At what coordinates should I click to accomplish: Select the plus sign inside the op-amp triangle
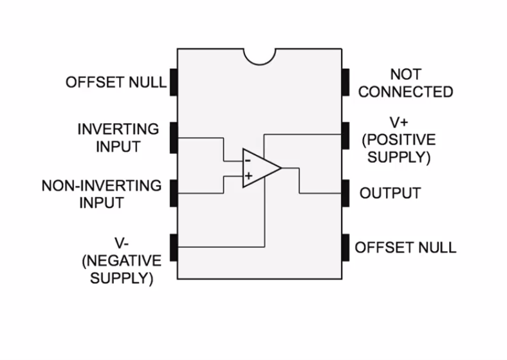[x=248, y=175]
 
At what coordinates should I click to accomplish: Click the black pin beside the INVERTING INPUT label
[x=173, y=137]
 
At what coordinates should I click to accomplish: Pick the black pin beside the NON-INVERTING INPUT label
[x=173, y=193]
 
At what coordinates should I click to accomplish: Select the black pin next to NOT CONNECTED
[x=346, y=82]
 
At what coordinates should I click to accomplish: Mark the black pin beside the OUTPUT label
[x=346, y=193]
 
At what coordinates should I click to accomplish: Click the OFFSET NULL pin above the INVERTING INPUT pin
[x=173, y=82]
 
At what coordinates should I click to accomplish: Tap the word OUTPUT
[x=390, y=193]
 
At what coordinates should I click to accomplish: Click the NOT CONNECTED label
[x=405, y=84]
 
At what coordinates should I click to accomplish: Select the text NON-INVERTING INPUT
[x=102, y=194]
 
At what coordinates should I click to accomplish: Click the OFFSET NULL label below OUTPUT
[x=405, y=248]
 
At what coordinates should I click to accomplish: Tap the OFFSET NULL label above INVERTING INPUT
[x=116, y=82]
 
